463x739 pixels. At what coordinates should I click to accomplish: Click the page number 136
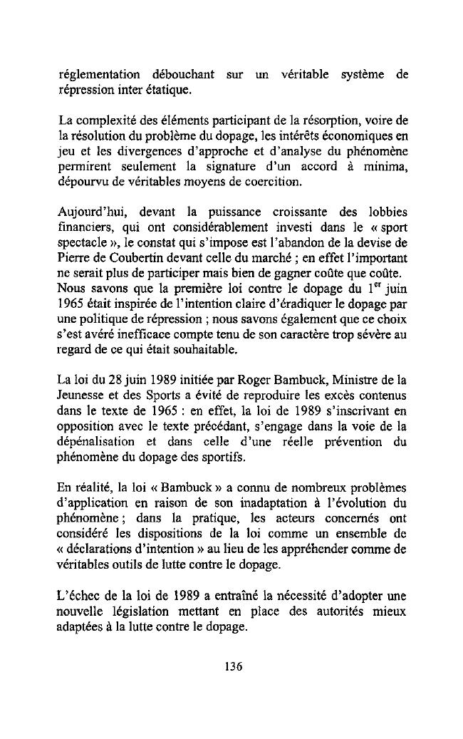tap(232, 667)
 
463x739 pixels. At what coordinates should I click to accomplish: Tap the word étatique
tap(167, 91)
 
